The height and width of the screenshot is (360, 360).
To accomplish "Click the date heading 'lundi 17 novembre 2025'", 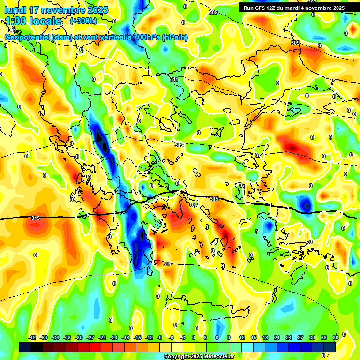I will point(57,10).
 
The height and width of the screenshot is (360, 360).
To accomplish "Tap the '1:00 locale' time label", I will point(33,21).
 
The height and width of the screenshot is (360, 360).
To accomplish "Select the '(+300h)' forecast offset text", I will point(83,21).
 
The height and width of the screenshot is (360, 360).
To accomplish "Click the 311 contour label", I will point(174,80).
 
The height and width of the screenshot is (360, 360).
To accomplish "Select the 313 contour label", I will point(179,145).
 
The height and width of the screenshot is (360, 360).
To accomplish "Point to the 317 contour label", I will point(167,264).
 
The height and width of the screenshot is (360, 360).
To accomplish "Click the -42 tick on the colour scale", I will point(32,337).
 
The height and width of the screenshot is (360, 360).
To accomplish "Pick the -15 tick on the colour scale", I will point(137,337).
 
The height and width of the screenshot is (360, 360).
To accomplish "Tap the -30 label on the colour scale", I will point(79,337).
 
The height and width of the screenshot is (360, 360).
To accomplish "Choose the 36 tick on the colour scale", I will point(335,337).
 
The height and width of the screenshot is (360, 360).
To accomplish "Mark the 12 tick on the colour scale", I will point(242,337).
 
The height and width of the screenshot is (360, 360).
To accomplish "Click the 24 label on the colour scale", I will point(288,337).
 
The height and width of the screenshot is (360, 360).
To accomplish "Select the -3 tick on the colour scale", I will point(183,337).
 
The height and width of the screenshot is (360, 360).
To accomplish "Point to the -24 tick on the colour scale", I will point(102,337).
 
